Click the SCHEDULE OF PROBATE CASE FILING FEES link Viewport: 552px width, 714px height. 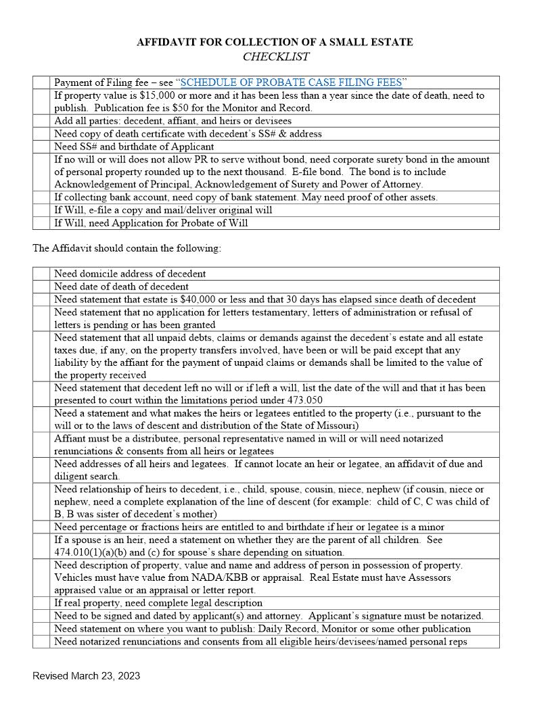(x=291, y=82)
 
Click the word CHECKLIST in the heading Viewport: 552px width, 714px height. (x=275, y=57)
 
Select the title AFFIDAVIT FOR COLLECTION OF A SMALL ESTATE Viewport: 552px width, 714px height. (x=275, y=42)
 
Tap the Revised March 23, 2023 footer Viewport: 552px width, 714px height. (x=86, y=675)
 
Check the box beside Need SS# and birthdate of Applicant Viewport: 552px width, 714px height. (x=41, y=147)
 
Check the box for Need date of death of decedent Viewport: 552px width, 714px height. (x=41, y=287)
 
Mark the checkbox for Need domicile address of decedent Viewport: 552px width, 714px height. (x=41, y=274)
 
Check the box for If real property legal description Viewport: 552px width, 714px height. (x=41, y=603)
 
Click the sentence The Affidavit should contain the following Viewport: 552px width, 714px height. (x=127, y=248)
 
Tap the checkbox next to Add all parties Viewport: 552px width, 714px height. (x=41, y=121)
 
